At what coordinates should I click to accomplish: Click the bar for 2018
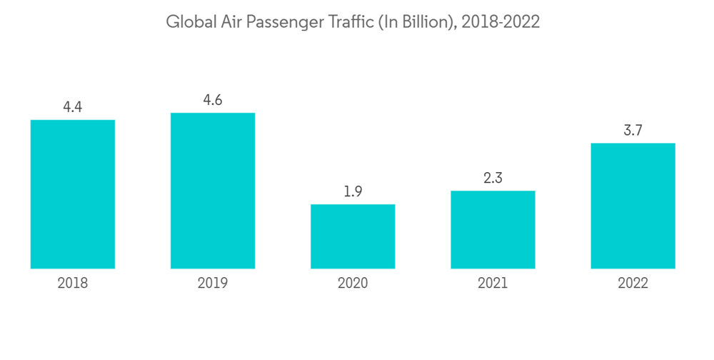pos(73,194)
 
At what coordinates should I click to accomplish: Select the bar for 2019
pos(213,191)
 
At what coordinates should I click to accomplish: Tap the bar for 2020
pos(353,236)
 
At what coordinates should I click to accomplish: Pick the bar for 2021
pos(493,229)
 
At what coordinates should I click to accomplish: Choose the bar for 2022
pos(633,206)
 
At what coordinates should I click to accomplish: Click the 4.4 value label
pos(73,107)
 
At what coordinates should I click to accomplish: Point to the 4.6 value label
pos(213,100)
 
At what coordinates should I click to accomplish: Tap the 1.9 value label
pos(353,191)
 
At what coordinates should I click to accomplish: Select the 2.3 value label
pos(493,178)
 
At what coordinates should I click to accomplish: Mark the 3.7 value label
pos(633,130)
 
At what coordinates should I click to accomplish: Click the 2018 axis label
pos(73,284)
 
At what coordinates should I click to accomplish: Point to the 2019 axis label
pos(213,284)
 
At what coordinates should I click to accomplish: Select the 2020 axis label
pos(353,284)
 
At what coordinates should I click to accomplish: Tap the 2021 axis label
pos(493,284)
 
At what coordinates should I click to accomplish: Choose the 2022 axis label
pos(633,284)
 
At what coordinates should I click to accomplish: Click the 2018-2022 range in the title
pos(501,22)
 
